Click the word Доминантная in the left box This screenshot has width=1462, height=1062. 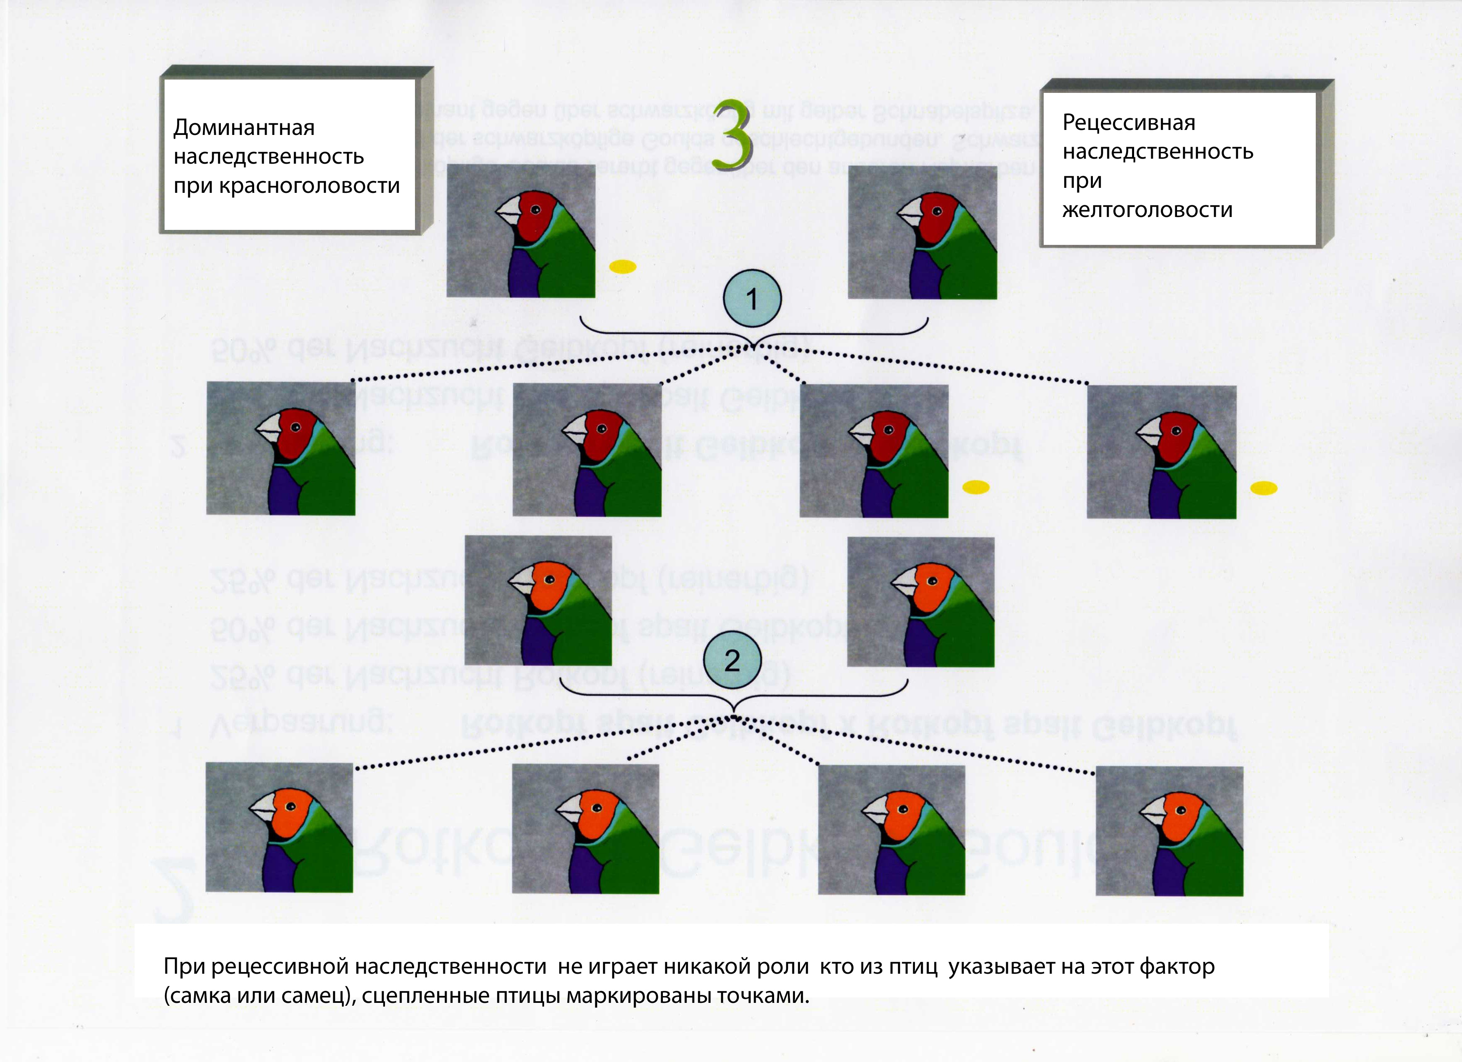point(244,127)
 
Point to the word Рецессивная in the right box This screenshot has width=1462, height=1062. point(1129,122)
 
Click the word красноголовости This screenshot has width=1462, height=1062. point(310,186)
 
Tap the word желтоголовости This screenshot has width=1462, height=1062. point(1147,210)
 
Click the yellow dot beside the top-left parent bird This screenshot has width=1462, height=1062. point(623,266)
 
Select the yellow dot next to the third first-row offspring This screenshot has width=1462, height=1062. point(976,487)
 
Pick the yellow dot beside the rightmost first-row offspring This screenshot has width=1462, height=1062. point(1263,489)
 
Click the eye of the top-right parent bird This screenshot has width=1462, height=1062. point(937,212)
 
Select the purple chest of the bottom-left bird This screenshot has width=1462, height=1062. point(278,867)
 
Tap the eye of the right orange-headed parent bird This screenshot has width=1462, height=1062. point(932,581)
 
